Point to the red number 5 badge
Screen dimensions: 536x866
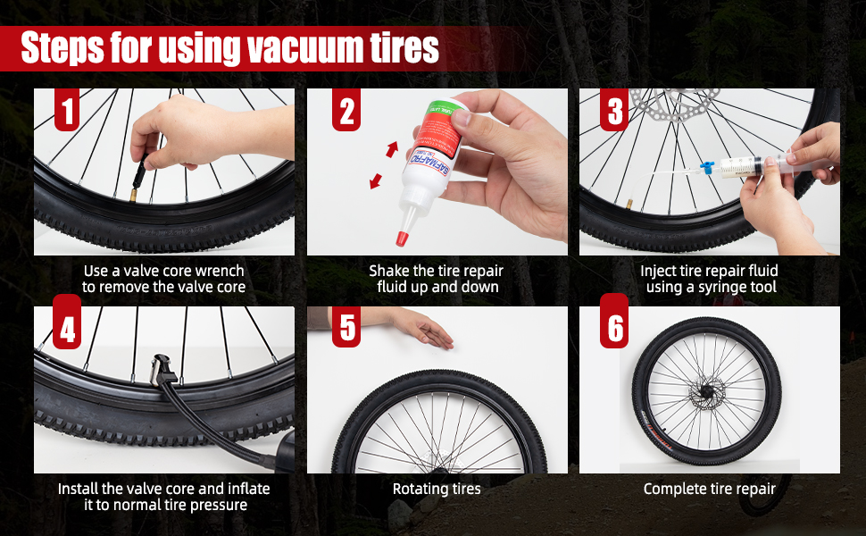coord(348,328)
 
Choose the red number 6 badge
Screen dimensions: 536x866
coord(614,328)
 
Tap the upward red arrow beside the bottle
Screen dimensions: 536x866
coord(391,149)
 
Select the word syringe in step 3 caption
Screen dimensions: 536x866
coord(722,287)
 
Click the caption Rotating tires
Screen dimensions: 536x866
coord(437,489)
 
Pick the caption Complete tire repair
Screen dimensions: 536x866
coord(709,489)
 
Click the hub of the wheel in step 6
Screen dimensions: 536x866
coord(707,389)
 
